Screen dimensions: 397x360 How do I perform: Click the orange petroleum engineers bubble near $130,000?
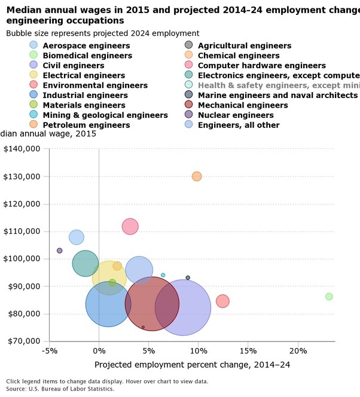coord(197,176)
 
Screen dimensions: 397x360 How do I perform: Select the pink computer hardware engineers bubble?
coord(130,227)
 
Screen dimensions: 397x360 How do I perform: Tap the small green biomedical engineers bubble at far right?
coord(329,297)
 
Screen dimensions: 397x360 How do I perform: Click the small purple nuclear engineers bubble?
coord(59,251)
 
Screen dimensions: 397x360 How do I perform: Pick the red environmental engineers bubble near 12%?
coord(222,301)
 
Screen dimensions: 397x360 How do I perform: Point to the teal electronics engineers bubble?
coord(86,262)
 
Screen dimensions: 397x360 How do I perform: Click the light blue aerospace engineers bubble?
coord(77,237)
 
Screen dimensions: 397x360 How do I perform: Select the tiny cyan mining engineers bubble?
coord(163,275)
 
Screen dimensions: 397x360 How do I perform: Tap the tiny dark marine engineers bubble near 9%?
coord(188,277)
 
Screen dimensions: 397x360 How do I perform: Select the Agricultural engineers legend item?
coord(244,45)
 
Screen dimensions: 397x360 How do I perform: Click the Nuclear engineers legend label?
coord(235,115)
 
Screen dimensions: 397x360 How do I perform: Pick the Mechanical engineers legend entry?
coord(242,105)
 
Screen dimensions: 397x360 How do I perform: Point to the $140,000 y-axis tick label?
coord(22,149)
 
